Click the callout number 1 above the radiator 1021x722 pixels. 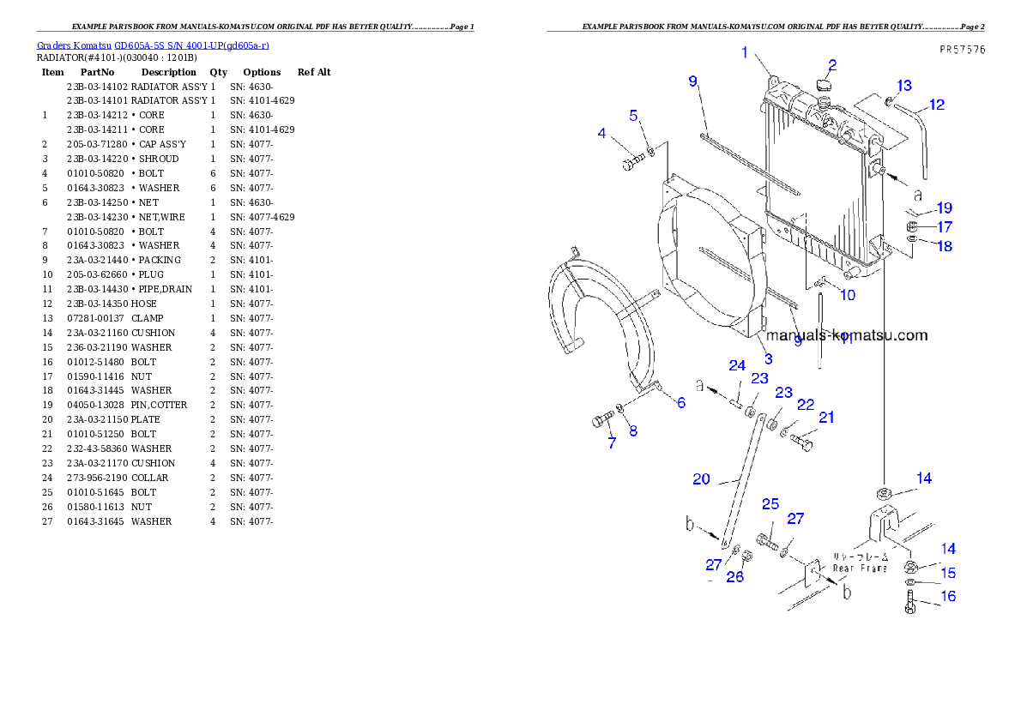pyautogui.click(x=746, y=53)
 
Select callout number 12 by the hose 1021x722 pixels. pyautogui.click(x=936, y=105)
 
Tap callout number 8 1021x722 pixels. pyautogui.click(x=633, y=430)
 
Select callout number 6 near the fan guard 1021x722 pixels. pyautogui.click(x=680, y=402)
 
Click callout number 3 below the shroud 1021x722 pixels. pyautogui.click(x=768, y=358)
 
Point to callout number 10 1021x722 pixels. pyautogui.click(x=847, y=296)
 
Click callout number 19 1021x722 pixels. pyautogui.click(x=944, y=208)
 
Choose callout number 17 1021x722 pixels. pyautogui.click(x=944, y=227)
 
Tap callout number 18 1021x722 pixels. pyautogui.click(x=944, y=246)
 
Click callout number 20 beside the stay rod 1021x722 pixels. pyautogui.click(x=701, y=478)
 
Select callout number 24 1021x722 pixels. pyautogui.click(x=737, y=365)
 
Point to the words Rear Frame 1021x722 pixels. pyautogui.click(x=860, y=568)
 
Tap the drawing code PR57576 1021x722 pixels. pyautogui.click(x=962, y=50)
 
